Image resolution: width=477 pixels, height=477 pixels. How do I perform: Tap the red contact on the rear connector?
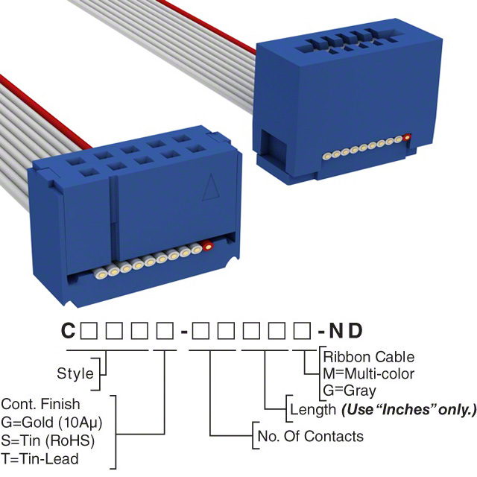click(408, 137)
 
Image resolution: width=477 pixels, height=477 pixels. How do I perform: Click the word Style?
click(75, 373)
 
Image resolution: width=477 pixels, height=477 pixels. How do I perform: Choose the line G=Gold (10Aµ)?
click(51, 423)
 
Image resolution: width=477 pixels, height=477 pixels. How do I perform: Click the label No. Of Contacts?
click(309, 436)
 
